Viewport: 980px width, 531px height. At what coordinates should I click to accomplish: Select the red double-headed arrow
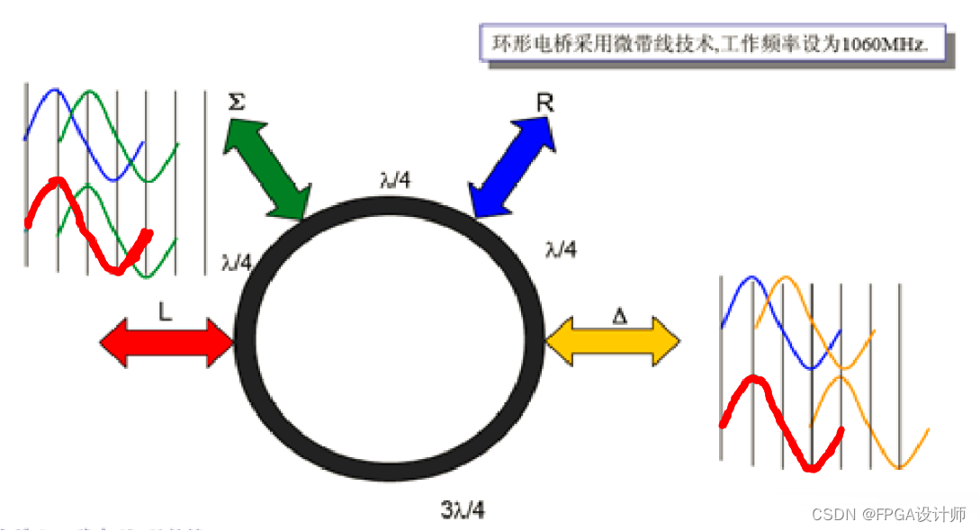166,342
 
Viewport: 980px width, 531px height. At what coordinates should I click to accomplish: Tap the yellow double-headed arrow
613,340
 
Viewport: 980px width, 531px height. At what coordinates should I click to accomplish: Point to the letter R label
544,103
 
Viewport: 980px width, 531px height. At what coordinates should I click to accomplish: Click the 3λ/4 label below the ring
463,510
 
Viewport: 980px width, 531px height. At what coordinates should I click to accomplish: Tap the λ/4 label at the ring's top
395,179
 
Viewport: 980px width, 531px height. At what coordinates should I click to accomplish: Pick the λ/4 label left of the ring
236,263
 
